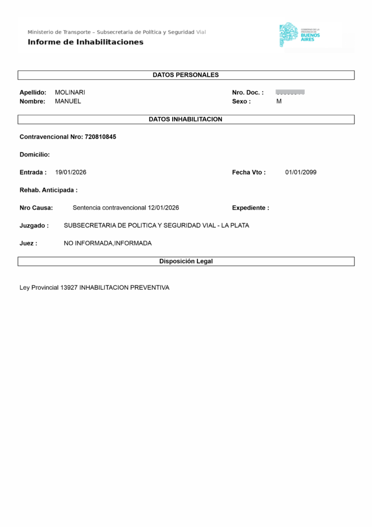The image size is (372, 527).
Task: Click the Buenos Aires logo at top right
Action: click(300, 35)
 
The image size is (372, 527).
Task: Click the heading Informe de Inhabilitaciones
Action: click(85, 42)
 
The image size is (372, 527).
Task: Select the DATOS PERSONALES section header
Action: click(185, 75)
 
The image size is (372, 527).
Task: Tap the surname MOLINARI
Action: click(70, 93)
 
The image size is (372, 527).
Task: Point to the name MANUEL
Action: click(68, 101)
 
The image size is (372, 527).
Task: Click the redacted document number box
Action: click(290, 92)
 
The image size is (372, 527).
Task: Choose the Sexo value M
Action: click(279, 101)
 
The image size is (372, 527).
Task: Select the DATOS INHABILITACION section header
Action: click(185, 119)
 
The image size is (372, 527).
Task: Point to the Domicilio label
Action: click(34, 154)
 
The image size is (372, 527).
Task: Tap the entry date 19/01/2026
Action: click(70, 172)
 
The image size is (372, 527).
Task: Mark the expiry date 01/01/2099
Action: click(301, 172)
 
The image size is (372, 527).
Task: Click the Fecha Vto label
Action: click(249, 172)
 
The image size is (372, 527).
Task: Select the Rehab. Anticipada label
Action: click(48, 190)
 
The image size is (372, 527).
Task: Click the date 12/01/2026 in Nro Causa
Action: click(163, 208)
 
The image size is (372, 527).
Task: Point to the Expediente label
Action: click(250, 208)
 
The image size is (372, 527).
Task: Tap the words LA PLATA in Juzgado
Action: click(235, 225)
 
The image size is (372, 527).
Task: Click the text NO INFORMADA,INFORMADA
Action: click(108, 243)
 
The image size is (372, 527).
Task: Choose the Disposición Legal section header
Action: click(185, 261)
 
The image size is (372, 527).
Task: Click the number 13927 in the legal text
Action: click(69, 288)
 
